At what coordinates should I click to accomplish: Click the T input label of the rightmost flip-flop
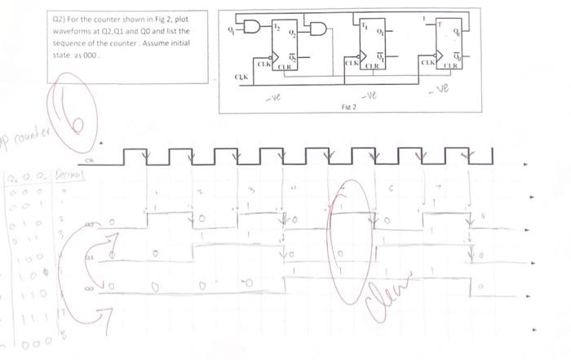click(441, 24)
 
